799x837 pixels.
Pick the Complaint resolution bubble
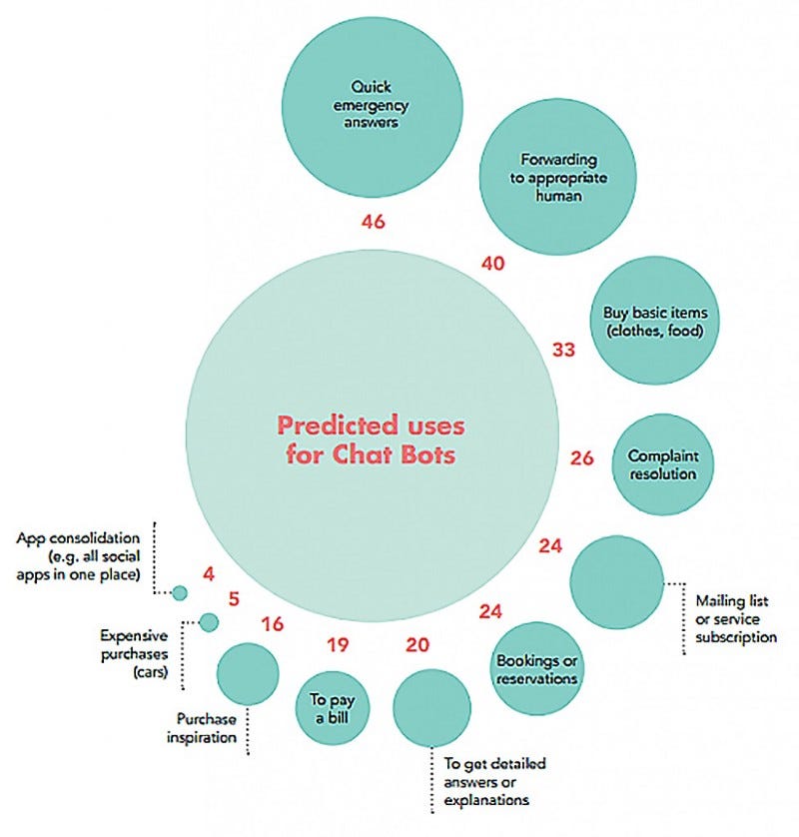click(x=662, y=464)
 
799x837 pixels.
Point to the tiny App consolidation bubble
click(x=180, y=593)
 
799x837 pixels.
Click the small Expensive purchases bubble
click(x=209, y=622)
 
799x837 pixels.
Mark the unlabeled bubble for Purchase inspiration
click(x=247, y=673)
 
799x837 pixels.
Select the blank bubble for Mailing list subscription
click(x=617, y=582)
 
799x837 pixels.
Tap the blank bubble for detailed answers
click(x=430, y=707)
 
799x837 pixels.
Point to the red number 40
click(x=492, y=264)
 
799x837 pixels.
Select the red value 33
click(x=566, y=350)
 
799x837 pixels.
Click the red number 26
click(x=582, y=459)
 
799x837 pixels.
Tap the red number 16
click(x=272, y=625)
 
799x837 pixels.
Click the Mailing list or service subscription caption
click(x=735, y=618)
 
